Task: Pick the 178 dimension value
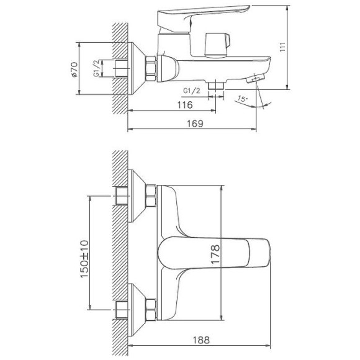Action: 214,254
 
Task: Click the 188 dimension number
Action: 200,340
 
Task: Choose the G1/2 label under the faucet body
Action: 192,91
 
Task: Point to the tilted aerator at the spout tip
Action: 254,80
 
